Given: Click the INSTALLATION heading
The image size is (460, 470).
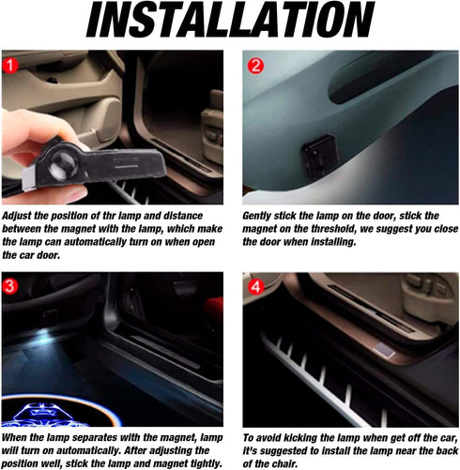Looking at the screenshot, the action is click(230, 20).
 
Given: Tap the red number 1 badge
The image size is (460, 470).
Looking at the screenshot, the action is click(10, 66).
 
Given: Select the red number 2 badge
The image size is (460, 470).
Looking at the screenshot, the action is click(255, 66).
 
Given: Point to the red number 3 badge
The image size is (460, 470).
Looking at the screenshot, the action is click(9, 286).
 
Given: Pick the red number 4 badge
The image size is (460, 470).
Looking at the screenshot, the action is click(255, 286).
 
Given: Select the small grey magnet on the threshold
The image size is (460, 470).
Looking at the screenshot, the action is click(384, 350).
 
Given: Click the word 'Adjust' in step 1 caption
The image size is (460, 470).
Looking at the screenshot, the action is click(17, 216).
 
